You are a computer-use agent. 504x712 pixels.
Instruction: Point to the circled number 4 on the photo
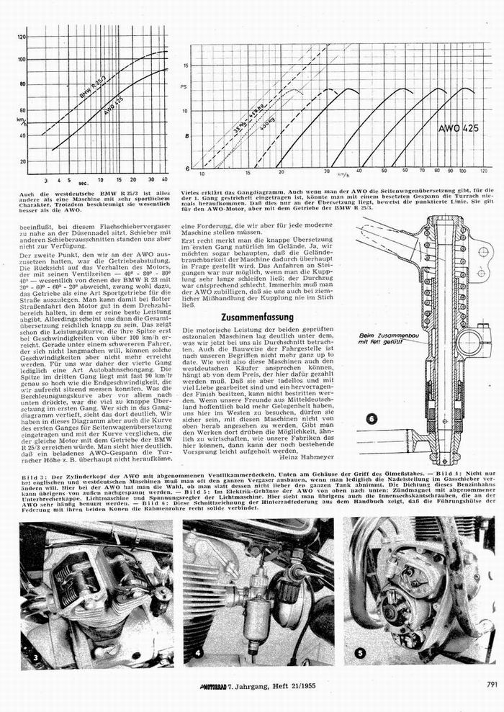(197, 655)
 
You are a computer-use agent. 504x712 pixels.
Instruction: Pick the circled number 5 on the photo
(361, 654)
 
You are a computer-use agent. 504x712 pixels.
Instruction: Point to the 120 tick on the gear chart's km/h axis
(483, 174)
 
